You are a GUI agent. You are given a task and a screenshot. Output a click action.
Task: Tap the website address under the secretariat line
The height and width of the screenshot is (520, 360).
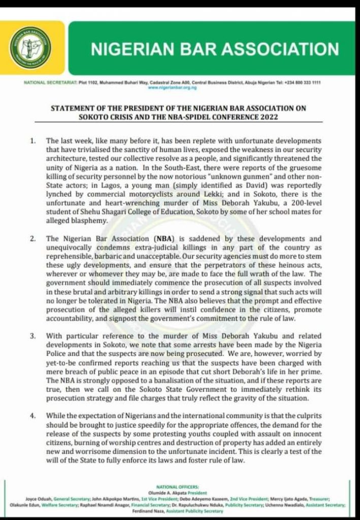coord(173,87)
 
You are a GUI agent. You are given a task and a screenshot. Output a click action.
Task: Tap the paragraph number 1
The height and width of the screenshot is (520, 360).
coord(32,140)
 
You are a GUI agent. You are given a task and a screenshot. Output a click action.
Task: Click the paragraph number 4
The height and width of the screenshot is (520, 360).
coord(32,416)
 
